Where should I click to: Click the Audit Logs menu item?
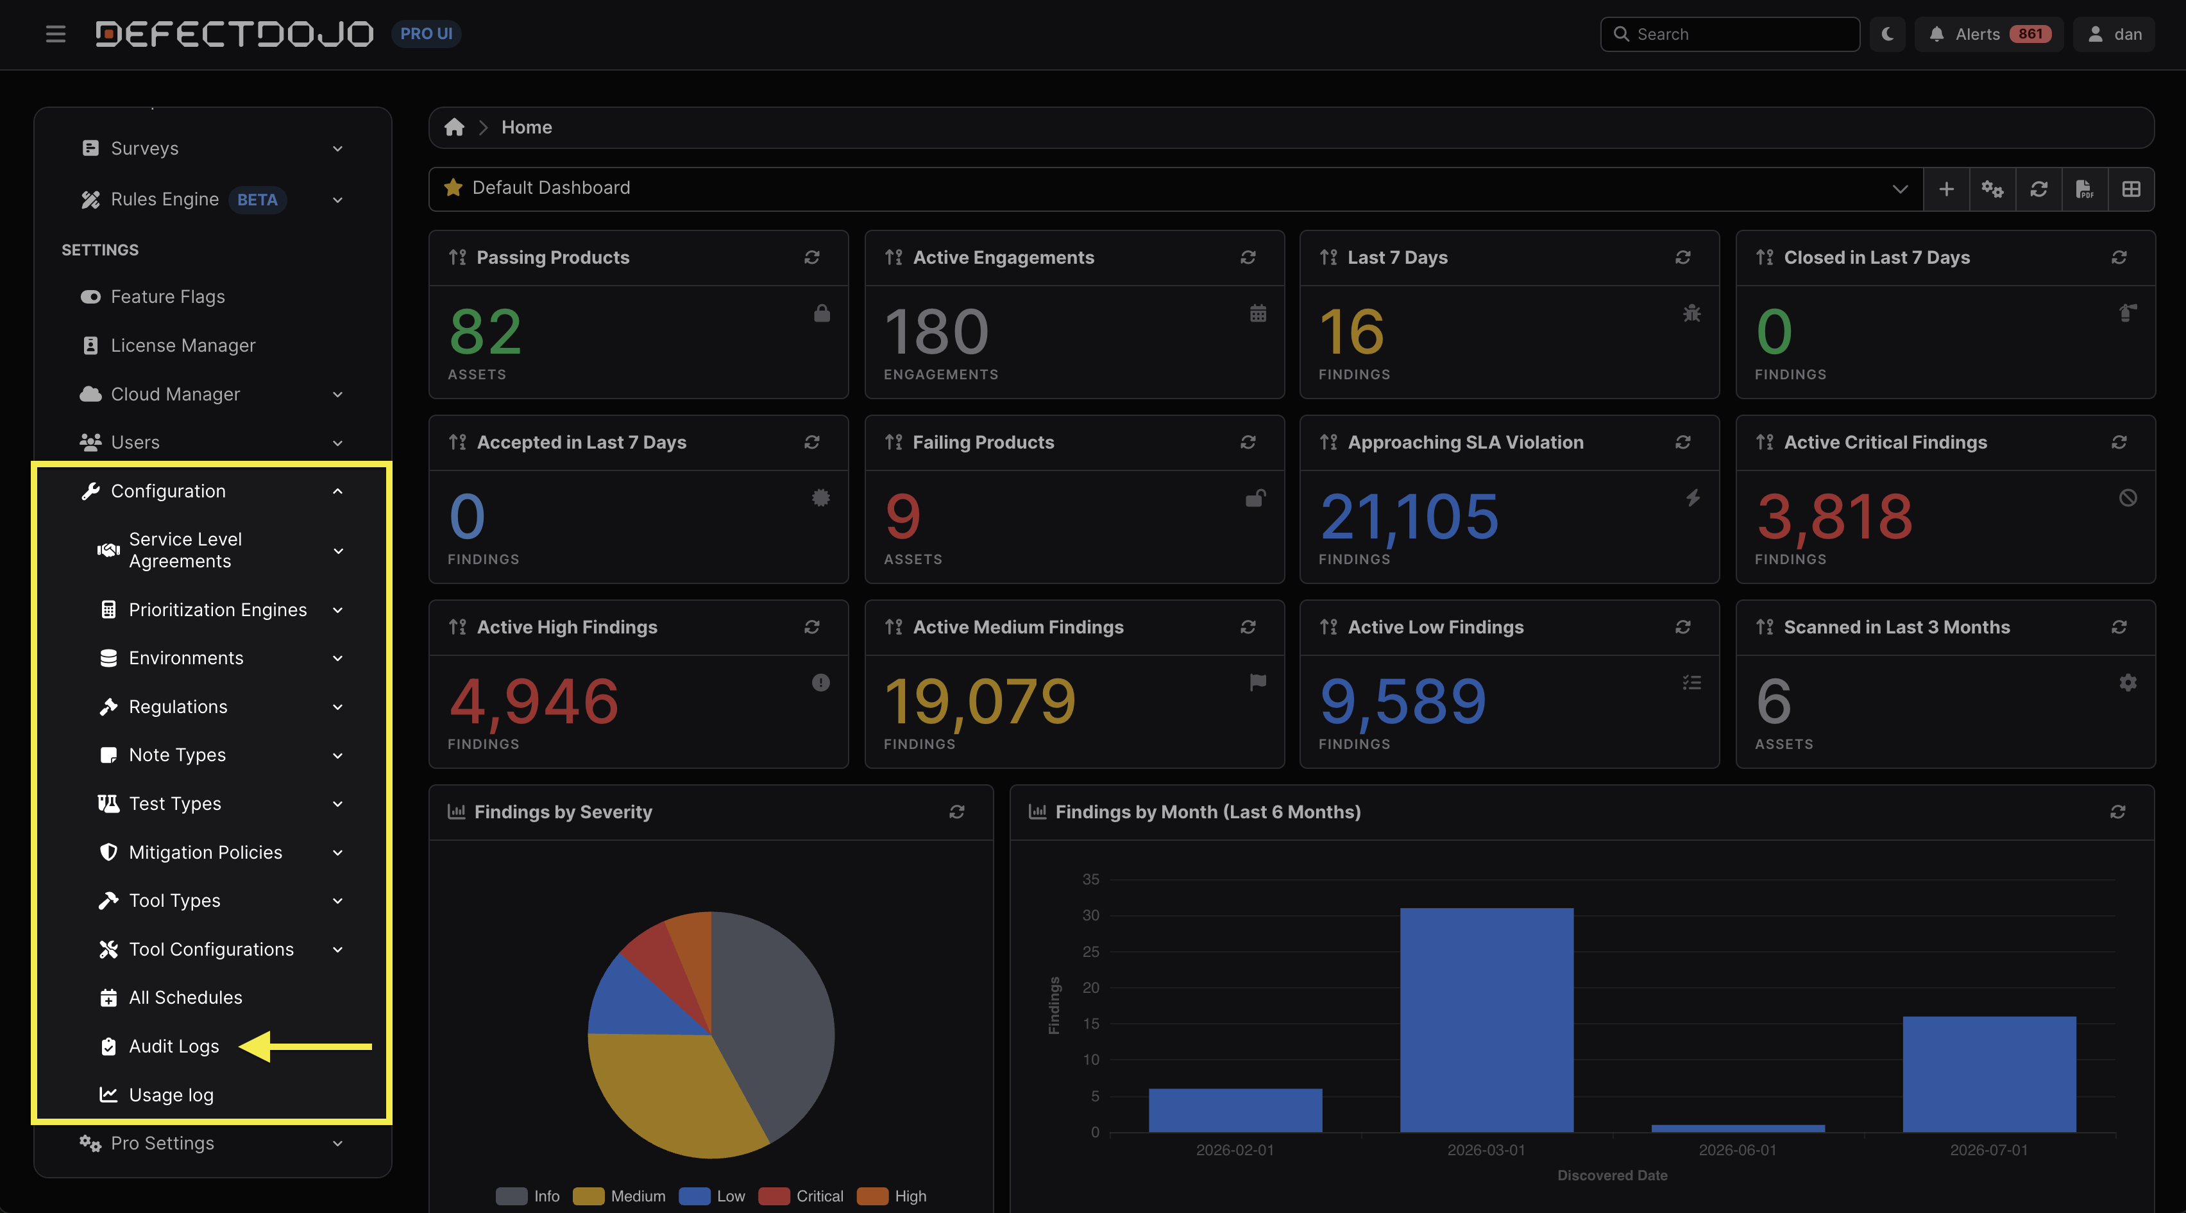coord(173,1045)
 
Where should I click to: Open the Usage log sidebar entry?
coord(171,1094)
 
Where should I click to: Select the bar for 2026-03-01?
coord(1486,1019)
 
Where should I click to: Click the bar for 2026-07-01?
coord(1989,1074)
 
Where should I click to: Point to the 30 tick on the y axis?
coord(1090,915)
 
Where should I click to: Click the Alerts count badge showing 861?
coord(2030,34)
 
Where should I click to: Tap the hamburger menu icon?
coord(56,34)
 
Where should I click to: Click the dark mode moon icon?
coord(1887,34)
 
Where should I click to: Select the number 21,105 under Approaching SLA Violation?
coord(1409,516)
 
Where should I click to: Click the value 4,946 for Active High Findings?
coord(534,701)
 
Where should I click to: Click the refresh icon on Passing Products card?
coord(812,257)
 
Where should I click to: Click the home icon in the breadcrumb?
coord(454,127)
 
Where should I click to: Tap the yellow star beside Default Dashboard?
coord(453,187)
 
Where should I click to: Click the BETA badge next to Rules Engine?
coord(257,200)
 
